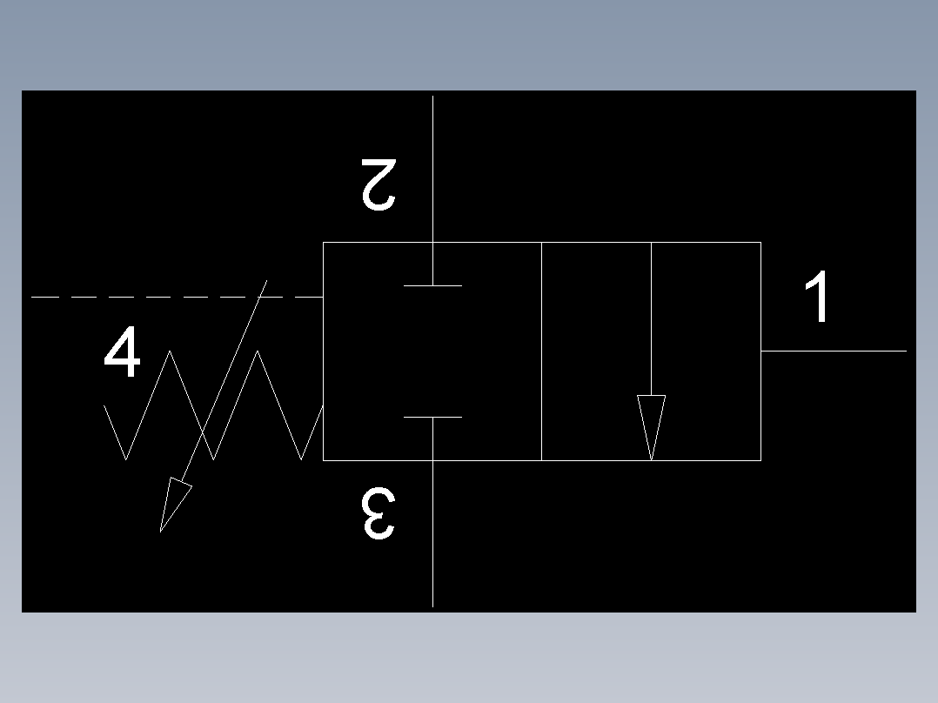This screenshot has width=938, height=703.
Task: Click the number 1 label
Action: pyautogui.click(x=818, y=298)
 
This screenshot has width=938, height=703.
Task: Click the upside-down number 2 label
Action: pyautogui.click(x=379, y=184)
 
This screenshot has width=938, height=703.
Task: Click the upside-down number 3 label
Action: pyautogui.click(x=379, y=514)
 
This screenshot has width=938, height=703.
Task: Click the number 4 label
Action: pyautogui.click(x=122, y=353)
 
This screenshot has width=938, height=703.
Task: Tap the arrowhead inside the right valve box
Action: pyautogui.click(x=652, y=424)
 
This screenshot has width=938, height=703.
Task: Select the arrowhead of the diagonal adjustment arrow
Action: pyautogui.click(x=174, y=503)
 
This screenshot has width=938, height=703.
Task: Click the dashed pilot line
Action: pyautogui.click(x=174, y=298)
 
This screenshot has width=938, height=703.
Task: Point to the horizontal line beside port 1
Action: pyautogui.click(x=834, y=351)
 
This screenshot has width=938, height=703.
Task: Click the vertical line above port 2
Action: pyautogui.click(x=432, y=165)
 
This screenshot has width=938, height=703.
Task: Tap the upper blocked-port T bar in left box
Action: pyautogui.click(x=432, y=285)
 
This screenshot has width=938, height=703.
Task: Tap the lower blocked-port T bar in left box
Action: pyautogui.click(x=432, y=418)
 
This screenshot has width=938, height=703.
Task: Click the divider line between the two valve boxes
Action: pyautogui.click(x=541, y=351)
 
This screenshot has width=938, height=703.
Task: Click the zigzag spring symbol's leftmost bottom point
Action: pyautogui.click(x=127, y=459)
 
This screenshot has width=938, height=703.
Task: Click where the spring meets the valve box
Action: pyautogui.click(x=323, y=406)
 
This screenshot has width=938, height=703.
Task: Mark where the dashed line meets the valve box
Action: pyautogui.click(x=323, y=298)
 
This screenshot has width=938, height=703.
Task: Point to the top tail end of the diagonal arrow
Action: pyautogui.click(x=266, y=281)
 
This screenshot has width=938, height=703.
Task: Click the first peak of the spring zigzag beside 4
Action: pyautogui.click(x=171, y=351)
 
